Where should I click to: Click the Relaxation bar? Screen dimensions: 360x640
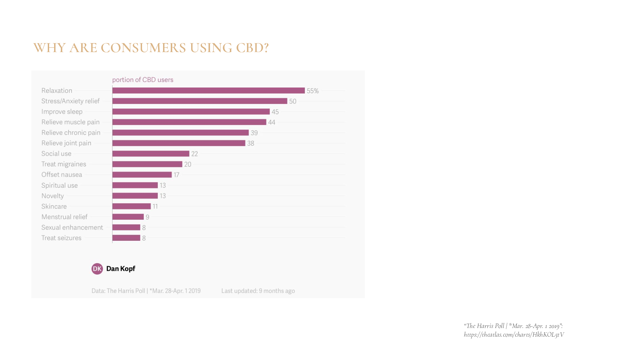coord(209,91)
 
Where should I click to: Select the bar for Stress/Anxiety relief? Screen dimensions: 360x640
coord(200,101)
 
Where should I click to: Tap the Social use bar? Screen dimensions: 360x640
coord(151,154)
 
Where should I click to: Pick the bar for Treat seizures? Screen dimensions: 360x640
coord(126,238)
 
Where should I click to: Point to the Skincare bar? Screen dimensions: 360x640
coord(131,206)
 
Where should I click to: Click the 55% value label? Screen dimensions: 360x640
coord(312,91)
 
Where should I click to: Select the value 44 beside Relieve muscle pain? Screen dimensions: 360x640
coord(272,122)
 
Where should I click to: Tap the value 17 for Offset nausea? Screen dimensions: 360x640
coord(176,175)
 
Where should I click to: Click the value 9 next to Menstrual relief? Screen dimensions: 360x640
coord(147,217)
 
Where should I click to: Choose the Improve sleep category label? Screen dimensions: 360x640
coord(62,112)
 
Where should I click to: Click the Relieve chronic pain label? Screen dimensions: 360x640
coord(71,133)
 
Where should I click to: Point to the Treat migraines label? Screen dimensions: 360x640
coord(63,164)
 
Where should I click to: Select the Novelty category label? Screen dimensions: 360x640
coord(52,196)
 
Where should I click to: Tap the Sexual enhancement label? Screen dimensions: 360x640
coord(72,227)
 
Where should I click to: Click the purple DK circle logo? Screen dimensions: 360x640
coord(97,269)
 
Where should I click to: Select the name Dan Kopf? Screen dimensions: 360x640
coord(121,269)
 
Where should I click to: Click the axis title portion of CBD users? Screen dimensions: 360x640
coord(143,80)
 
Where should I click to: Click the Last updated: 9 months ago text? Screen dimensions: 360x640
coord(258,291)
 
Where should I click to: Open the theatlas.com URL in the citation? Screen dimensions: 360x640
coord(514,335)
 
